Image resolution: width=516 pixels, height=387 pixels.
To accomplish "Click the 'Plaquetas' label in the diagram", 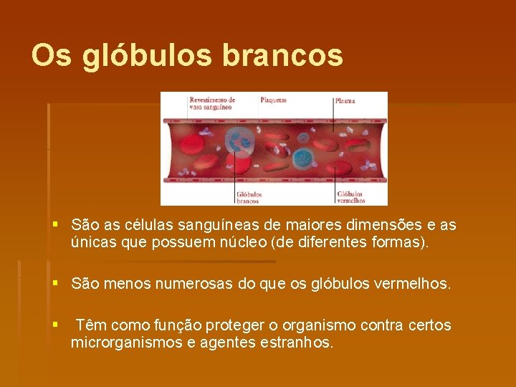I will tap(273, 100).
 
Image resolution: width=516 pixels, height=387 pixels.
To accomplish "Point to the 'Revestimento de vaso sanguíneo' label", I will tap(211, 103).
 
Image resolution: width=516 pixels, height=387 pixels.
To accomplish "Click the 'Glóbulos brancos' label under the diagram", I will tap(249, 197).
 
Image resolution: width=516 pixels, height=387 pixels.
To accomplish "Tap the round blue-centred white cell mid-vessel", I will tap(304, 157).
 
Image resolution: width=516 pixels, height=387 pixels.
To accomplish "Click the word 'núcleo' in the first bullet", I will tap(287, 243).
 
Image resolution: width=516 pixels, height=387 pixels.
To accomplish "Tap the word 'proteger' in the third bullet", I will tap(234, 326).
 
